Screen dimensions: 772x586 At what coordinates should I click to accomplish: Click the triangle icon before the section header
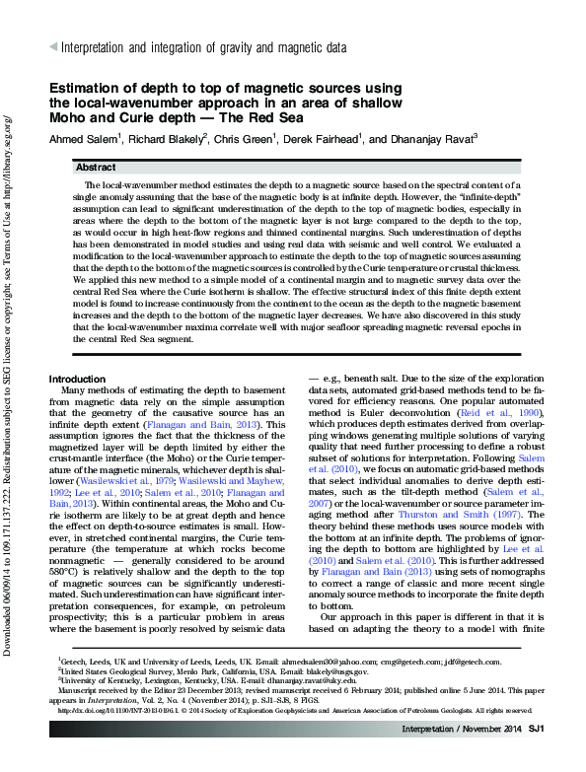[x=53, y=46]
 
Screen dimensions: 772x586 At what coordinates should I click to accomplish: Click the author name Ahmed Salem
[x=84, y=139]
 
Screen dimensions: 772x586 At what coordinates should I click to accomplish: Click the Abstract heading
[x=95, y=169]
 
